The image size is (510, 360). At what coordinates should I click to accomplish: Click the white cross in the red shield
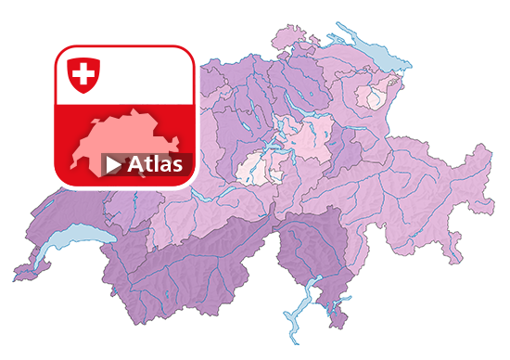(x=83, y=73)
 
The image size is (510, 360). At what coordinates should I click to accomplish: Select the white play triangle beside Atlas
(x=112, y=165)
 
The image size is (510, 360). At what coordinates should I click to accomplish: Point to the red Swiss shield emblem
(x=83, y=74)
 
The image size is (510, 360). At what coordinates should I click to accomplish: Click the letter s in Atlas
(x=185, y=166)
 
